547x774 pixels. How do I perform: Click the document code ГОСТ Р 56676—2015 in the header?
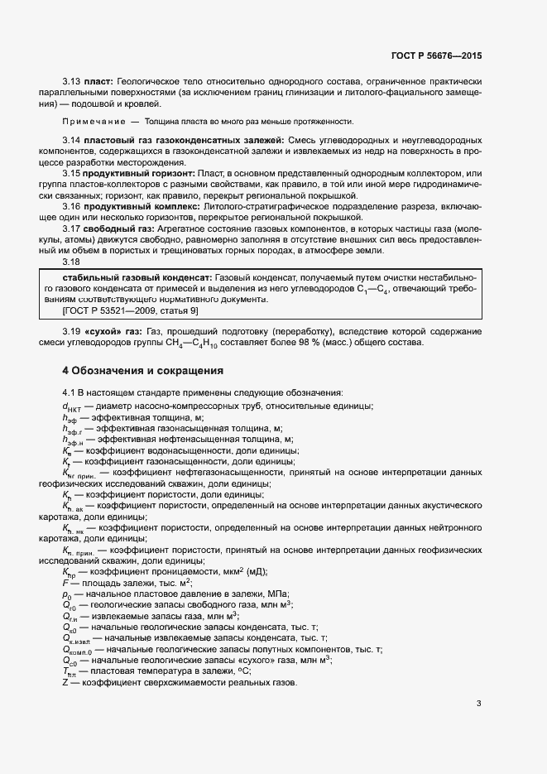pos(435,56)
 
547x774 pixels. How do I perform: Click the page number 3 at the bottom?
pos(478,704)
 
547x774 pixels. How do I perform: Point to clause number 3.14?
pos(72,141)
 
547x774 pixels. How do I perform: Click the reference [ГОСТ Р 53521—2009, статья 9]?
pos(131,310)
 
